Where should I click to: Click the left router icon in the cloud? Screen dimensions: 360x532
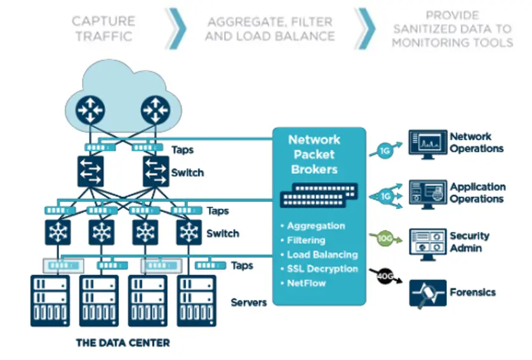click(x=90, y=110)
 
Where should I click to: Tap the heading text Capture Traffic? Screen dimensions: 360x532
click(x=103, y=29)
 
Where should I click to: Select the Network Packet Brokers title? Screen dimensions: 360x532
click(x=314, y=154)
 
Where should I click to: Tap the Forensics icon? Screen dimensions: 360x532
click(x=427, y=293)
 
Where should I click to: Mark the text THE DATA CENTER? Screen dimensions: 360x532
click(x=123, y=343)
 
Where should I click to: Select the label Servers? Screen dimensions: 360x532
click(x=249, y=302)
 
